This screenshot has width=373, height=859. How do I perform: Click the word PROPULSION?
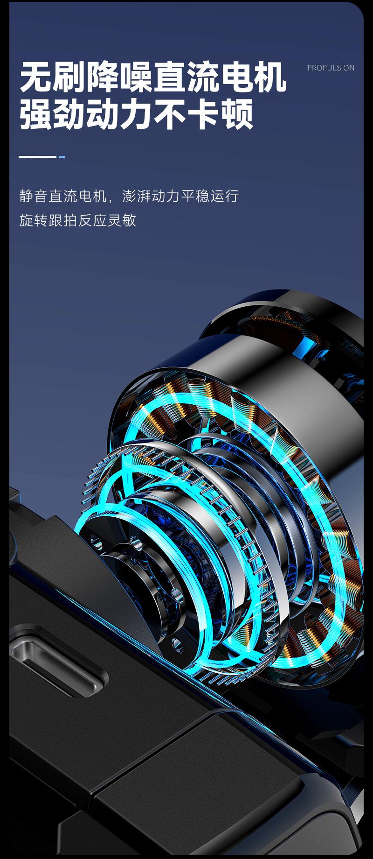coord(331,68)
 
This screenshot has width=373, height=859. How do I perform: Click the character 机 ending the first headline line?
coord(270,77)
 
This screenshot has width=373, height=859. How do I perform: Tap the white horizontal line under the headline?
coord(37,156)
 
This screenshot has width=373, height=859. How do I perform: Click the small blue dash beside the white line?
coord(62,156)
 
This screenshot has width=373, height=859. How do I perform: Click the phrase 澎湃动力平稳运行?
coord(180,196)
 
